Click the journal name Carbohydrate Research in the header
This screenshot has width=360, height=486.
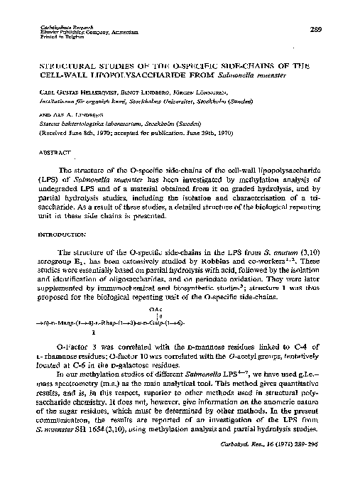(x=53, y=26)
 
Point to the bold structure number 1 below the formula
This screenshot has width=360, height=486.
(x=94, y=331)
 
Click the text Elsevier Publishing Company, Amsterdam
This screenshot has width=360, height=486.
(x=80, y=33)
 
